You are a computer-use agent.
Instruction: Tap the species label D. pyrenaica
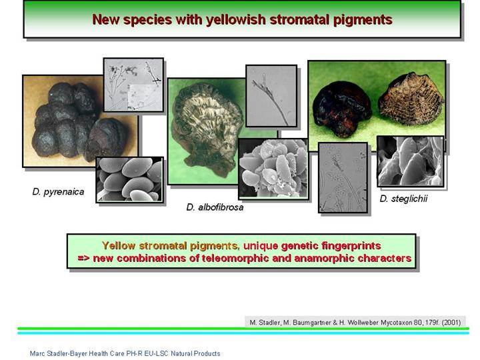tap(58, 192)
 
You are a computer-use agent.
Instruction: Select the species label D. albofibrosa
tap(215, 207)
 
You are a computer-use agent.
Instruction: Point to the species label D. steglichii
tap(403, 199)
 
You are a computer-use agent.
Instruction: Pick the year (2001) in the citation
tap(451, 323)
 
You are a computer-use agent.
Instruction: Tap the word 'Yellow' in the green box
tap(119, 245)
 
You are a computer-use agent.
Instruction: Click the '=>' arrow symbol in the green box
tap(84, 258)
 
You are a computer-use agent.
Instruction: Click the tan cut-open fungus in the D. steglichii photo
tap(411, 99)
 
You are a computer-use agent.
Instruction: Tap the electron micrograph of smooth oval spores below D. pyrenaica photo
tap(129, 180)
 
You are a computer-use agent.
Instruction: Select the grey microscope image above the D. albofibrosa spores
tap(271, 96)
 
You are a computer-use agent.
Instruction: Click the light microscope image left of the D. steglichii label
tap(343, 177)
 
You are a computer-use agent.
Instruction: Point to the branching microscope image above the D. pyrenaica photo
tap(133, 85)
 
